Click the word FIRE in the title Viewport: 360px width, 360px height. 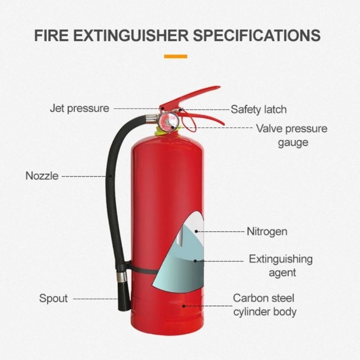50,36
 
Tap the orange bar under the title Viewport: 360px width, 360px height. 175,56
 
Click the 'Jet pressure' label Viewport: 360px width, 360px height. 79,108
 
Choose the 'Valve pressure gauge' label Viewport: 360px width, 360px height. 292,135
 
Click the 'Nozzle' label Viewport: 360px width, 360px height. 42,176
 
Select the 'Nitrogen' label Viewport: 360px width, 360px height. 267,232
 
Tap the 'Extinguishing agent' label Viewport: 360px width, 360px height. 281,265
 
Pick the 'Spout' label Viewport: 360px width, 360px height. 53,298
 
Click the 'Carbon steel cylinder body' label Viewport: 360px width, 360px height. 265,305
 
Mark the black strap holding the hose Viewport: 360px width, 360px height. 139,270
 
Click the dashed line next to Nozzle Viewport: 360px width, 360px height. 84,176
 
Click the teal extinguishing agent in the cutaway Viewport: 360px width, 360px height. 180,270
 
